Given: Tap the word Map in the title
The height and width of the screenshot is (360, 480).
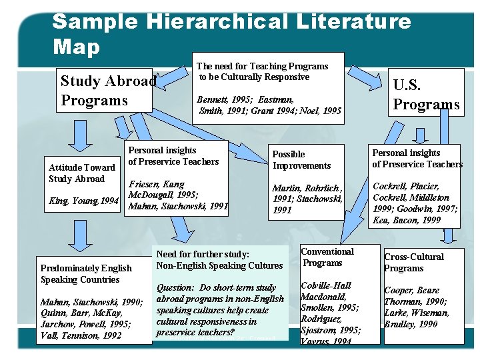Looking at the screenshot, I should click(76, 47).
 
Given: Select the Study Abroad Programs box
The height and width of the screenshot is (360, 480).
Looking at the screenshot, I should click(105, 91).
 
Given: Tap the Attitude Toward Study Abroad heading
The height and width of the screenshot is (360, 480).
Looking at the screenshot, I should click(82, 173).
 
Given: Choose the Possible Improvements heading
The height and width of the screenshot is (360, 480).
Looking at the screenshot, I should click(301, 159).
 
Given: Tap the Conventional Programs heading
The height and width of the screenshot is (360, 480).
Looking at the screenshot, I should click(327, 257).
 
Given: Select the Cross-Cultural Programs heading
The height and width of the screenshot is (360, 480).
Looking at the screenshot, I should click(413, 262).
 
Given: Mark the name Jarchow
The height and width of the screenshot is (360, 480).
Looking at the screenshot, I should click(58, 325).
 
